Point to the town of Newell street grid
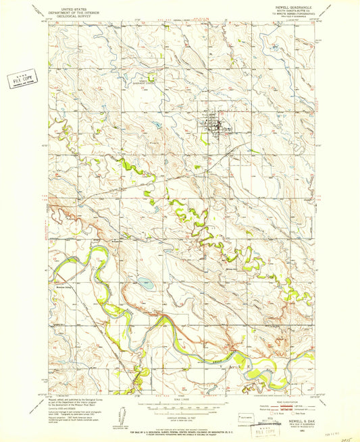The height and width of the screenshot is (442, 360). pyautogui.click(x=211, y=126)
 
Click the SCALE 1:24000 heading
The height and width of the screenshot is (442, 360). pyautogui.click(x=180, y=399)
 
